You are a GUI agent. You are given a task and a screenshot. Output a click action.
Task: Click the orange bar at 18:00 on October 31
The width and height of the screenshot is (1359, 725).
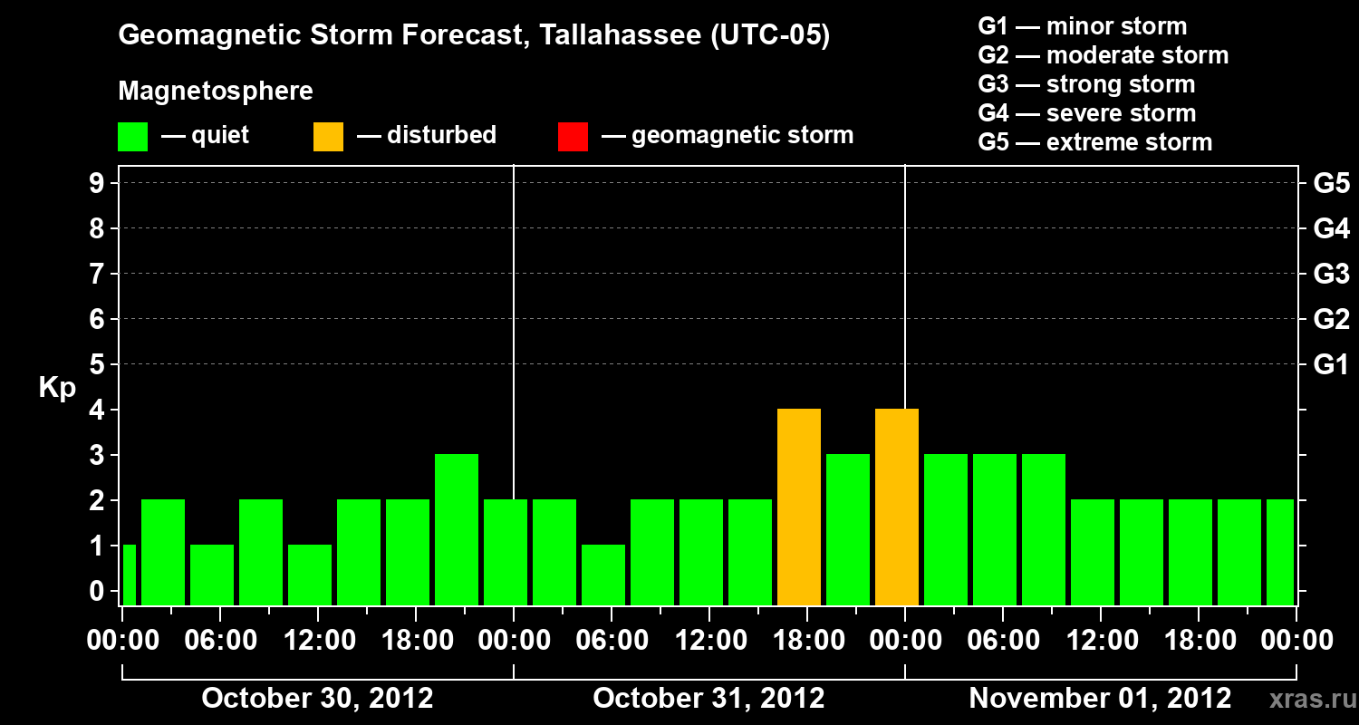pyautogui.click(x=799, y=507)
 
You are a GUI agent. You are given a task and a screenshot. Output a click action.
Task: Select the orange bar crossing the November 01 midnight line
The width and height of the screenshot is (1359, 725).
pyautogui.click(x=897, y=507)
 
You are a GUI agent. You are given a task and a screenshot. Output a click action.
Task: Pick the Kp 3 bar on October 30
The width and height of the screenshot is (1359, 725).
pyautogui.click(x=457, y=529)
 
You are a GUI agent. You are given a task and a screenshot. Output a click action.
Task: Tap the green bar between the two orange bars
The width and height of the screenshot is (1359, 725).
pyautogui.click(x=848, y=529)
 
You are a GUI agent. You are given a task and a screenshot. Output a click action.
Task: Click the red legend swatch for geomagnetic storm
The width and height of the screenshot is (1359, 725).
pyautogui.click(x=573, y=136)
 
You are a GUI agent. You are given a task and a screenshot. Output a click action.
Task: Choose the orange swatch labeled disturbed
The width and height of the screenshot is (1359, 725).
pyautogui.click(x=328, y=136)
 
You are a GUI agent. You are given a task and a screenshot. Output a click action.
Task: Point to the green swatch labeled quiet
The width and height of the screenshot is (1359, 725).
pyautogui.click(x=132, y=136)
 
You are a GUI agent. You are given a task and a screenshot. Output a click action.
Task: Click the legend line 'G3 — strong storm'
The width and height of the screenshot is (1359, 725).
pyautogui.click(x=1086, y=84)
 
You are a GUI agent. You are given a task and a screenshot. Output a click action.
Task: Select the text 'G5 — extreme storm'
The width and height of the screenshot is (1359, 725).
pyautogui.click(x=1094, y=142)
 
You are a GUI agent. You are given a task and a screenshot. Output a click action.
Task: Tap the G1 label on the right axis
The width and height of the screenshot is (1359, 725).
pyautogui.click(x=1331, y=365)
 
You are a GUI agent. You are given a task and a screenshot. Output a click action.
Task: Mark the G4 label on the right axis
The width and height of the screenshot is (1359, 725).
pyautogui.click(x=1331, y=229)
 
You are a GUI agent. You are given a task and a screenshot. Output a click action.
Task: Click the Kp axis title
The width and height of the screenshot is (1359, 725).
pyautogui.click(x=57, y=389)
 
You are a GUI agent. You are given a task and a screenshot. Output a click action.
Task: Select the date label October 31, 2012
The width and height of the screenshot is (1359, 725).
pyautogui.click(x=708, y=699)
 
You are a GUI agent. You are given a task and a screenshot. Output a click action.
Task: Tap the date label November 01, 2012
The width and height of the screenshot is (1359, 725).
pyautogui.click(x=1100, y=699)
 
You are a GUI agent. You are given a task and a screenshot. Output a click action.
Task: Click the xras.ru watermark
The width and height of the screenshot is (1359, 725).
pyautogui.click(x=1306, y=699)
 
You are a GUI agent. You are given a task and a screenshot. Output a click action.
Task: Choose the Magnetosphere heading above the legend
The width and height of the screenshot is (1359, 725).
pyautogui.click(x=216, y=92)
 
